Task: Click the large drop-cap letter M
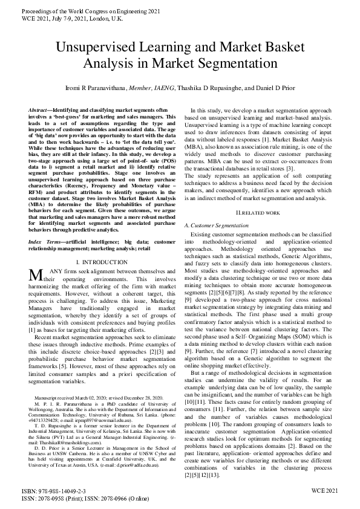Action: pos(35,275)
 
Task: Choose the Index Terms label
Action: pos(45,241)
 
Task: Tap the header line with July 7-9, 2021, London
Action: pos(71,19)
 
